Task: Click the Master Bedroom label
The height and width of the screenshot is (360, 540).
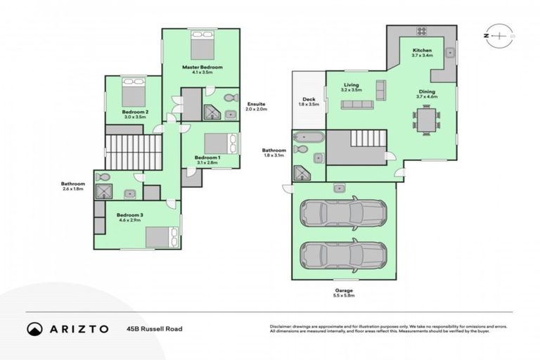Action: click(x=202, y=67)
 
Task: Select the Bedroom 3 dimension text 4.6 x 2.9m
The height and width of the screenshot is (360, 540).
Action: click(x=129, y=221)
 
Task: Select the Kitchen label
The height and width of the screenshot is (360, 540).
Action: click(x=422, y=51)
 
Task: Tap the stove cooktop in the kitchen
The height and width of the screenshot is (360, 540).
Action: click(x=422, y=31)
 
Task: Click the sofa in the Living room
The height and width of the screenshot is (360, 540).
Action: click(x=357, y=104)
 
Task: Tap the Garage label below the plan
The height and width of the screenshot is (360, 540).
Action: click(x=344, y=290)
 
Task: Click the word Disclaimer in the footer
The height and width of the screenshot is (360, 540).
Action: click(x=283, y=326)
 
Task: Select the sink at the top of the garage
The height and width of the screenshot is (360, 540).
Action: click(x=340, y=187)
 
